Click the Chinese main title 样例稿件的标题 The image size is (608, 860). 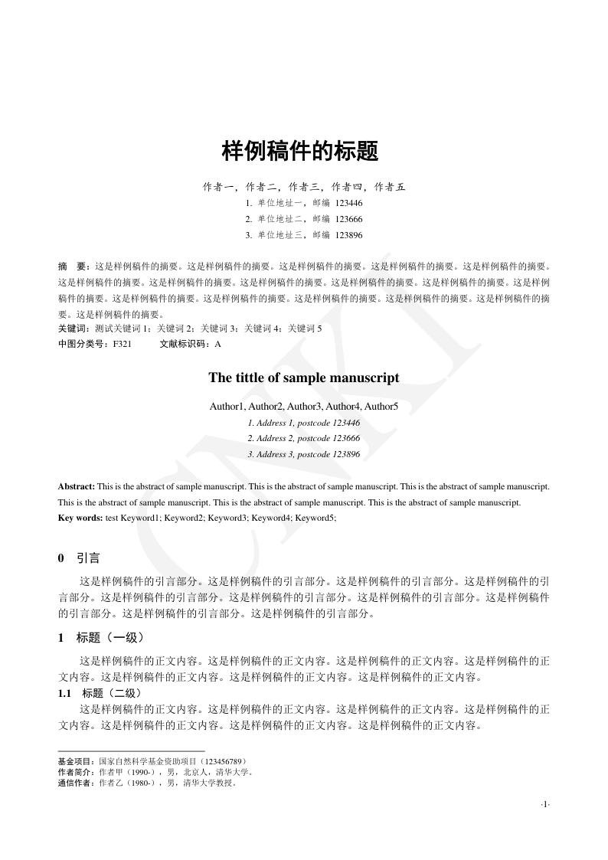click(300, 151)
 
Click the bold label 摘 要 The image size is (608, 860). click(74, 267)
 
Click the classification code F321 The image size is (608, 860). click(122, 344)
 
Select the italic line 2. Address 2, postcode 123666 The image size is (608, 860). click(304, 438)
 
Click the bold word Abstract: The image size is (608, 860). click(77, 486)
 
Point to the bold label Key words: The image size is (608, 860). click(80, 518)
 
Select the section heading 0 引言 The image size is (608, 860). click(79, 559)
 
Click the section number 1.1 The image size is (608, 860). click(64, 694)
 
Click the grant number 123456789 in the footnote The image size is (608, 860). click(221, 762)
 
